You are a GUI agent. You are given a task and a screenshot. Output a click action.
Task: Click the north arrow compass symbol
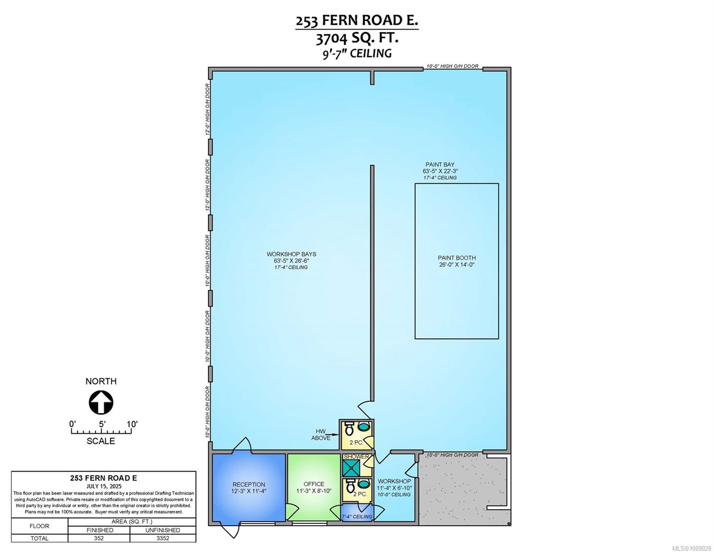101,402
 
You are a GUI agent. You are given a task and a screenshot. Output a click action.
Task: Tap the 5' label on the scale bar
102,424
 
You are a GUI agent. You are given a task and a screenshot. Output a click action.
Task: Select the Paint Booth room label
457,261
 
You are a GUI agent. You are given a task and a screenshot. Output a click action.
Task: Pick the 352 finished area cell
98,538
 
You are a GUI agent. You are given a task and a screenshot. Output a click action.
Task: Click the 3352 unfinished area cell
163,538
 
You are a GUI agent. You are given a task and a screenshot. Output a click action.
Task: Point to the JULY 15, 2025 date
104,486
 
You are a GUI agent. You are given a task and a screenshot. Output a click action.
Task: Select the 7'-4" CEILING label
357,517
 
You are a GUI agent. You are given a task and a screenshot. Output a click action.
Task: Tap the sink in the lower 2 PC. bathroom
363,484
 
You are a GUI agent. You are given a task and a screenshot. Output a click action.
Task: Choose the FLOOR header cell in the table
39,526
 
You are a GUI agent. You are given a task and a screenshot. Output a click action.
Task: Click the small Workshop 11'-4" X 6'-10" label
394,484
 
